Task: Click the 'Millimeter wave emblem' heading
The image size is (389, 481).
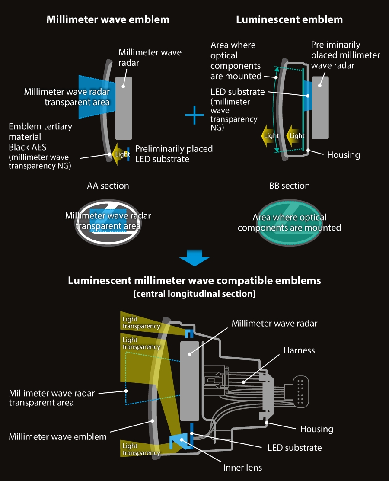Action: click(108, 19)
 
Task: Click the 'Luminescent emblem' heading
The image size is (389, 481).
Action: click(289, 19)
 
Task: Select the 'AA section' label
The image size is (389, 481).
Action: click(108, 186)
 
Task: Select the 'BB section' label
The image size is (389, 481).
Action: click(289, 186)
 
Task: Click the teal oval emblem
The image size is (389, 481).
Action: click(289, 222)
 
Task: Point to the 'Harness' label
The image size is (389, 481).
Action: click(299, 350)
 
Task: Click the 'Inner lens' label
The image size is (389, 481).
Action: click(242, 467)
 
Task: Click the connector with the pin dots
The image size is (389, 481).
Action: click(301, 391)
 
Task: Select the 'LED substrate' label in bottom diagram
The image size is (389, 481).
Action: click(294, 448)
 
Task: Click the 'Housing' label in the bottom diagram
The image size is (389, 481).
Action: click(317, 429)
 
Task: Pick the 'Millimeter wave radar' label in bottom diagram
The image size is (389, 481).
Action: click(274, 324)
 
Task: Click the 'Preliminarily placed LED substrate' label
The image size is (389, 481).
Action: click(174, 154)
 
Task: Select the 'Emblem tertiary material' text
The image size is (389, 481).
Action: click(40, 131)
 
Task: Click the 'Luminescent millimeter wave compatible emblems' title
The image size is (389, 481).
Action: click(194, 280)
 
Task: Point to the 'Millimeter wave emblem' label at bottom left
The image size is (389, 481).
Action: click(57, 436)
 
